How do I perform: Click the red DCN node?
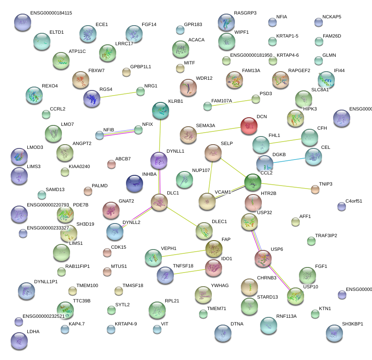tap(249, 126)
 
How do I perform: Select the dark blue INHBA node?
tap(135, 183)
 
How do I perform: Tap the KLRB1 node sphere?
tap(161, 110)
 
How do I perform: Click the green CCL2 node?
tap(253, 182)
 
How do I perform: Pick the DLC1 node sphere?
tap(159, 202)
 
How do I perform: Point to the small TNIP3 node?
tap(315, 189)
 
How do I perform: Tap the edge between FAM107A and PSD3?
tap(231, 103)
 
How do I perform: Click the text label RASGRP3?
tap(245, 13)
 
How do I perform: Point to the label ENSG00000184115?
tap(51, 13)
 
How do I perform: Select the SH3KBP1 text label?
tap(352, 324)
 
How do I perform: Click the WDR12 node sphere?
tap(188, 87)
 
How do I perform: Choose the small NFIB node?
tap(100, 136)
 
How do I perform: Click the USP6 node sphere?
tap(263, 258)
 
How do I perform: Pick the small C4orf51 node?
tap(341, 207)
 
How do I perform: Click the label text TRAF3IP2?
tap(326, 235)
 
